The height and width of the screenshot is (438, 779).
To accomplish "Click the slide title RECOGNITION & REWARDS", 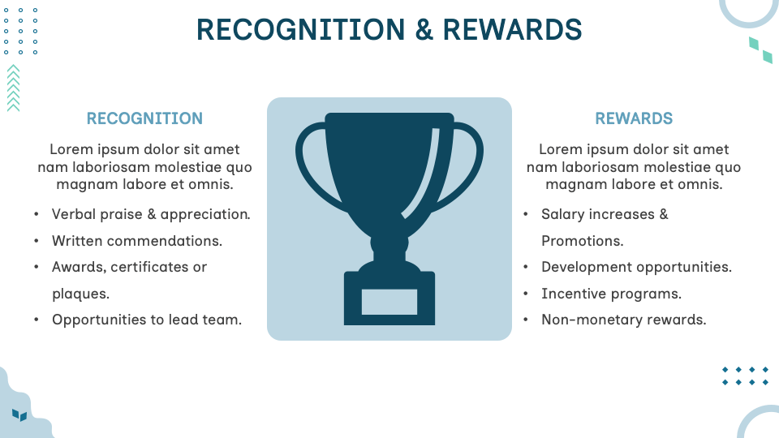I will [389, 29].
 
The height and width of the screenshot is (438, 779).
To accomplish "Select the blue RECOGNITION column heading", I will [144, 118].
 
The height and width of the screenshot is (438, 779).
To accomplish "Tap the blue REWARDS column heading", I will [634, 118].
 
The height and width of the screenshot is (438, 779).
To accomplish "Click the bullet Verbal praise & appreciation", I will [151, 214].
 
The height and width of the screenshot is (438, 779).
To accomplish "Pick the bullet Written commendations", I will [137, 241].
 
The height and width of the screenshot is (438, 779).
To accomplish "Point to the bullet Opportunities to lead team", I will [147, 320].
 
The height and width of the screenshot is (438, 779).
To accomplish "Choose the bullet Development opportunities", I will [636, 267].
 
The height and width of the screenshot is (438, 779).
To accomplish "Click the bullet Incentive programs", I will [611, 294].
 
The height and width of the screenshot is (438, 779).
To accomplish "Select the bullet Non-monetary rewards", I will [623, 320].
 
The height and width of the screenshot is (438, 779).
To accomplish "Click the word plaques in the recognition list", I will [80, 294].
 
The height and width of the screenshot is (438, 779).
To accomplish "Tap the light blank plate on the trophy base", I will [389, 301].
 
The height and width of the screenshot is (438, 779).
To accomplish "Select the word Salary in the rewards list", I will [565, 214].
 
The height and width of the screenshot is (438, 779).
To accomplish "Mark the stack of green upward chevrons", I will [13, 88].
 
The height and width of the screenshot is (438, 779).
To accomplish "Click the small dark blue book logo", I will [19, 415].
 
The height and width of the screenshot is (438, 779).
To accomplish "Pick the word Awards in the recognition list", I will [78, 267].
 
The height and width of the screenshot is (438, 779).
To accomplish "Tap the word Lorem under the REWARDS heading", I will [561, 149].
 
